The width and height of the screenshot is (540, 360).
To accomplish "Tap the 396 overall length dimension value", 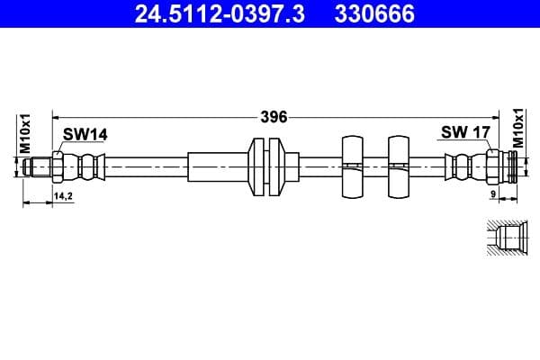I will [x=274, y=116].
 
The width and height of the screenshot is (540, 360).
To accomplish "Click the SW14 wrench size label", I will [x=85, y=134].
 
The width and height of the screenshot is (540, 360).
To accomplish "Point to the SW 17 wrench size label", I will [x=464, y=133].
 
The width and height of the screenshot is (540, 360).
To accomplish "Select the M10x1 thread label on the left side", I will [x=26, y=132].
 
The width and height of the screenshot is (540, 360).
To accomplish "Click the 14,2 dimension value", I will [x=63, y=194].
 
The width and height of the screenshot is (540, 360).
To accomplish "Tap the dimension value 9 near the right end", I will [x=494, y=194].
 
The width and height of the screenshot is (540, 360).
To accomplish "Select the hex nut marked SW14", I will [x=58, y=167].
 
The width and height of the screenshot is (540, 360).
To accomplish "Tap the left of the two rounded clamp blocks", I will [x=351, y=167].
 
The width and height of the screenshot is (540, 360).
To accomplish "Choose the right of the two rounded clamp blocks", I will [x=399, y=167].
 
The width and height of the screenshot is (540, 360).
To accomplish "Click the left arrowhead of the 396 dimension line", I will [x=57, y=116].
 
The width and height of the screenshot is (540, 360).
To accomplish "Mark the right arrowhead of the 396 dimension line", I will [x=504, y=116].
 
